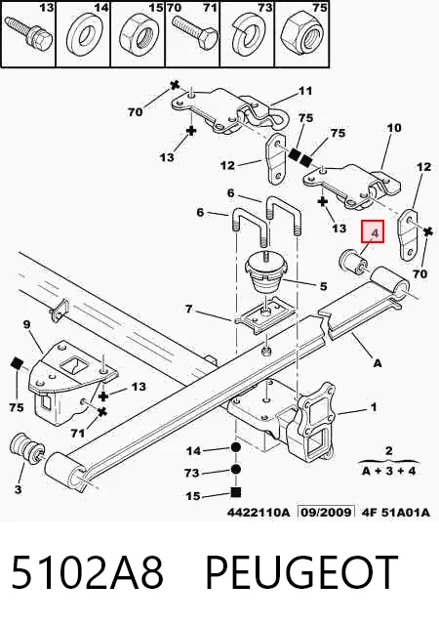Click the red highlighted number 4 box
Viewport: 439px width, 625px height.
point(373,231)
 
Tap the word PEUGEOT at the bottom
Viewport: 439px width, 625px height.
point(301,571)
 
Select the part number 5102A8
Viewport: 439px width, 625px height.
point(87,571)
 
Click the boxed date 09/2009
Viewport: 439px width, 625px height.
point(326,512)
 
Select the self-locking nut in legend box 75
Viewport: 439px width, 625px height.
point(302,34)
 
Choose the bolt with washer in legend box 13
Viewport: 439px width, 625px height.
point(28,32)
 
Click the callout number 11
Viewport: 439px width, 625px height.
point(305,92)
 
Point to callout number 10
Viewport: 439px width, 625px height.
point(393,128)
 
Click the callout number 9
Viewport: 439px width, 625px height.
point(26,324)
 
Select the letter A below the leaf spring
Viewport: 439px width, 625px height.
point(377,363)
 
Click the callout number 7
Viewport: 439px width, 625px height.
point(188,309)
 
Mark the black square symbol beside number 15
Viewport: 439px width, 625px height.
point(236,492)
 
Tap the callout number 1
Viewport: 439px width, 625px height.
point(374,407)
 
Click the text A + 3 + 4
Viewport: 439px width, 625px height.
point(388,471)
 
